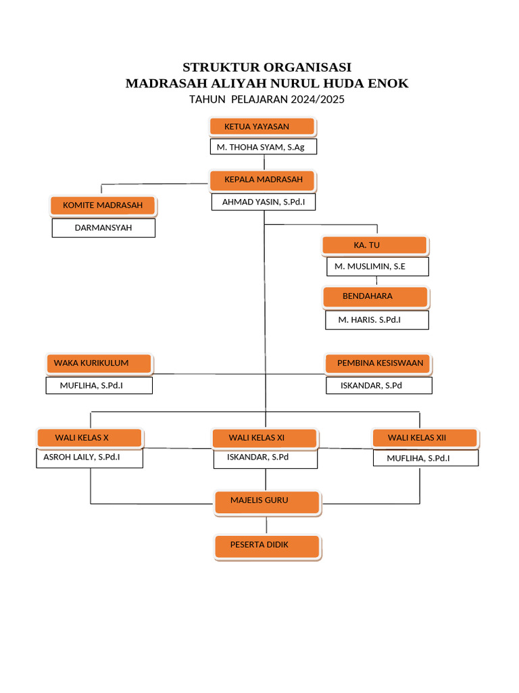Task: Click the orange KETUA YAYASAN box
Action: (262, 127)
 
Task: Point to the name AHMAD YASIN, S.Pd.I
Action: (264, 202)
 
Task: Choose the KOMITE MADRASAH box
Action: (103, 205)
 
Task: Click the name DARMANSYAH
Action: (103, 228)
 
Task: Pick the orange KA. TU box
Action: (374, 245)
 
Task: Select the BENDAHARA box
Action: (375, 296)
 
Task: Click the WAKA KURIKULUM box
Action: (99, 363)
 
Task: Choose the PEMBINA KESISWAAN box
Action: (378, 363)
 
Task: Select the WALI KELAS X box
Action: (89, 438)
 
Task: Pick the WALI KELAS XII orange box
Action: (425, 438)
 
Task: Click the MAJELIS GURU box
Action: (266, 501)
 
